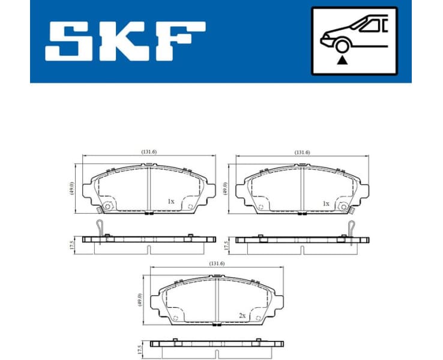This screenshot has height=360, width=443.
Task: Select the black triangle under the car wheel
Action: coord(342,59)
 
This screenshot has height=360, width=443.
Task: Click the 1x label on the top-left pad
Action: coord(171,202)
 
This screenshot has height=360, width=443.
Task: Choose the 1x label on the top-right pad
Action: coord(326,203)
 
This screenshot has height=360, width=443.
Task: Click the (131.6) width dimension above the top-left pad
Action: coord(148,152)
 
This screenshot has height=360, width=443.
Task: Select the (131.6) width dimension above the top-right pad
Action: coord(302,152)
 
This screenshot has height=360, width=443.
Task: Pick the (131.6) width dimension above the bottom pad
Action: coord(217,263)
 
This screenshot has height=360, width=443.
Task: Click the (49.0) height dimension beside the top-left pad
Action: coord(71,188)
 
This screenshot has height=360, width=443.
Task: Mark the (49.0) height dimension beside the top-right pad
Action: coord(225,188)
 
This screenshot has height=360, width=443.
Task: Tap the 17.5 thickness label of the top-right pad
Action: coord(225,245)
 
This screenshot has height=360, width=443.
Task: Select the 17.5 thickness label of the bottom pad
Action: coord(140,350)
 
